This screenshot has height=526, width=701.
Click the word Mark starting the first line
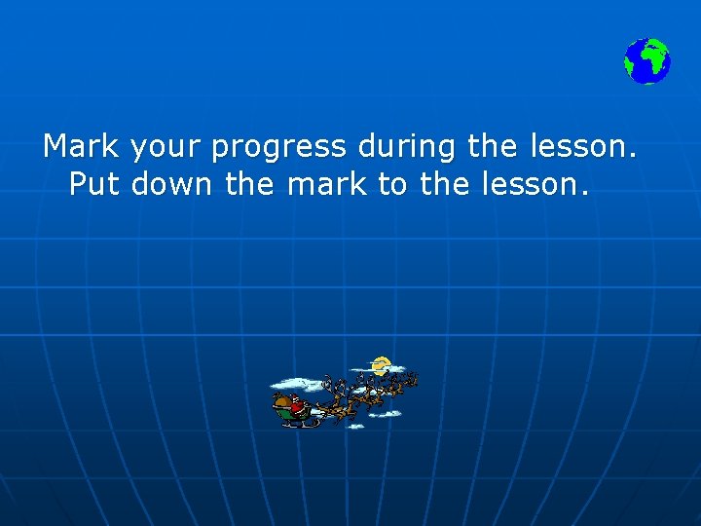(81, 147)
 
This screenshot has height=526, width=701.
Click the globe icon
(647, 60)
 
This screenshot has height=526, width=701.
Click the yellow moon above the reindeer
(381, 366)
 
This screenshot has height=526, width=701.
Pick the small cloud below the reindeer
(387, 414)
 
